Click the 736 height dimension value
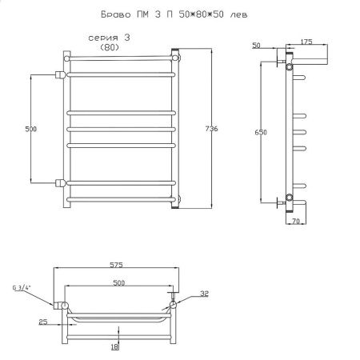point(212,129)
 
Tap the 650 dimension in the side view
point(261,132)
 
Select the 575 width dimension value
point(117,265)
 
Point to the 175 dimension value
point(306,42)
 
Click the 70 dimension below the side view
point(296,221)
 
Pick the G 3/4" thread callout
point(22,288)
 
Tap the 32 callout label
point(204,294)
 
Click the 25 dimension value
point(43,322)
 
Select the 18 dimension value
point(114,346)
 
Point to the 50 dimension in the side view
point(256,46)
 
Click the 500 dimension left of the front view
point(31,129)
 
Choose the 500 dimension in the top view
point(118,282)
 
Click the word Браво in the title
point(116,14)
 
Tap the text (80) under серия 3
point(110,47)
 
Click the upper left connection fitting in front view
point(61,74)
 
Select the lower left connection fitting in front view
point(61,183)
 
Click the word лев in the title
point(238,14)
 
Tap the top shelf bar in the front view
point(122,58)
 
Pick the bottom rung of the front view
point(122,199)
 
